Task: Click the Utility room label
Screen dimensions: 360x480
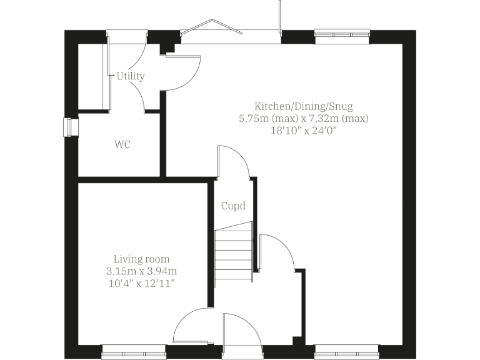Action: pyautogui.click(x=130, y=76)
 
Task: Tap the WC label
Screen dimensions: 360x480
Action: pyautogui.click(x=122, y=144)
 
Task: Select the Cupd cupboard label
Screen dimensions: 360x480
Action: pyautogui.click(x=233, y=206)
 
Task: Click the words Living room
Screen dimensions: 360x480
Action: pyautogui.click(x=141, y=259)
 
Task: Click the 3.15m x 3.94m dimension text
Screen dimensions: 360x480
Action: pyautogui.click(x=141, y=271)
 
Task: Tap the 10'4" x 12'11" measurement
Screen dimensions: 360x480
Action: pyautogui.click(x=141, y=283)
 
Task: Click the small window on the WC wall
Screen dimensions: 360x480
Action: pyautogui.click(x=69, y=127)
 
